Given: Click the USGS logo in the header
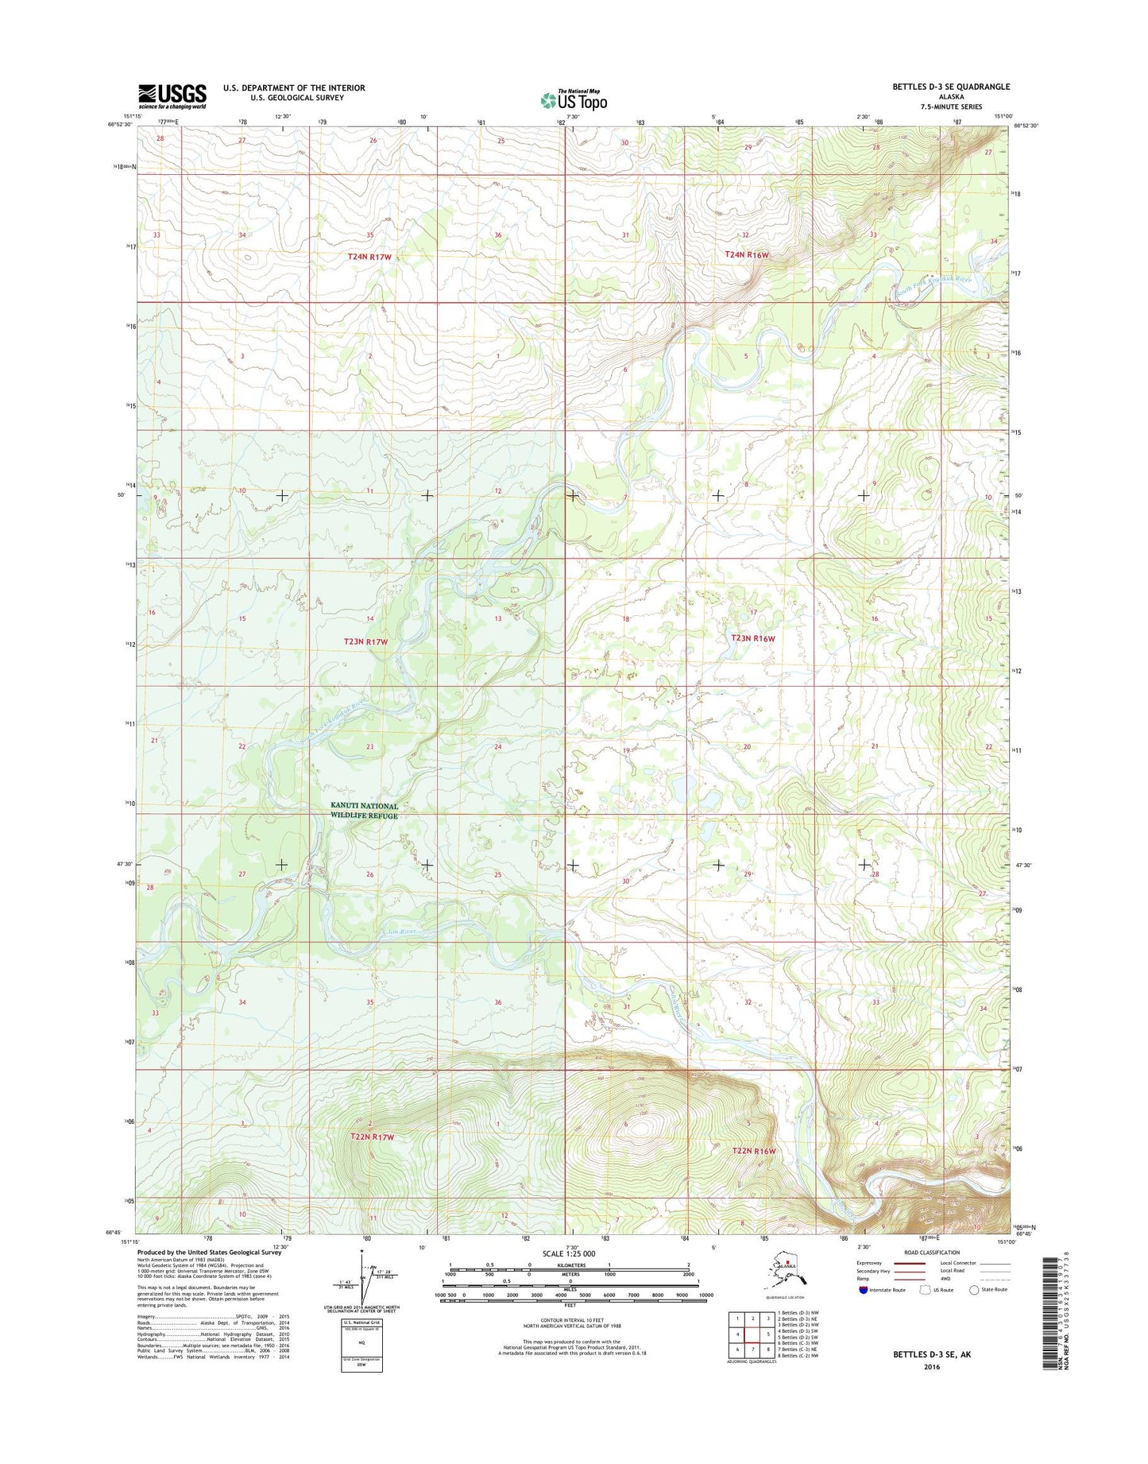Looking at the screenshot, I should tap(172, 96).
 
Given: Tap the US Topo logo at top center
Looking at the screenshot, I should tap(574, 99).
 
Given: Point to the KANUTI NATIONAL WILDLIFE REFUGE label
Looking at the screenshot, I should tap(364, 811).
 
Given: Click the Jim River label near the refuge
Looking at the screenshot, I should tap(402, 931).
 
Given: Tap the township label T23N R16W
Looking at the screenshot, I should tap(752, 638).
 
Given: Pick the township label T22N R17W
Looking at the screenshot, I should tap(372, 1137).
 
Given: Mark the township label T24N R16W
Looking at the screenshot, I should tap(747, 254).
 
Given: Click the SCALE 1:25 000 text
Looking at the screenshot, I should tap(569, 1253).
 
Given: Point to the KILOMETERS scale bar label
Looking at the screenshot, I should tap(569, 1265).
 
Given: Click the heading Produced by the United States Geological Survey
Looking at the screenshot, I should tap(207, 1253).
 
